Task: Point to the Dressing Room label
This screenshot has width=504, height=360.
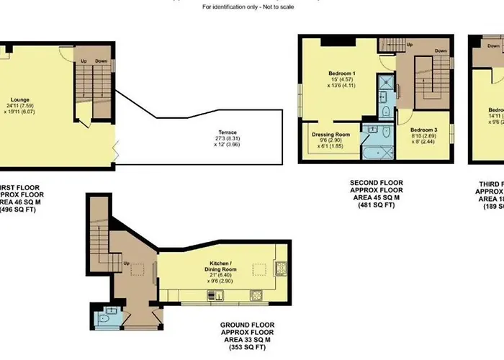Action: click(x=330, y=134)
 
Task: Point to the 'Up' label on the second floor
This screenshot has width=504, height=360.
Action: click(x=410, y=45)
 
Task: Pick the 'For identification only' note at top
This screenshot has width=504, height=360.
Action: click(x=252, y=7)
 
